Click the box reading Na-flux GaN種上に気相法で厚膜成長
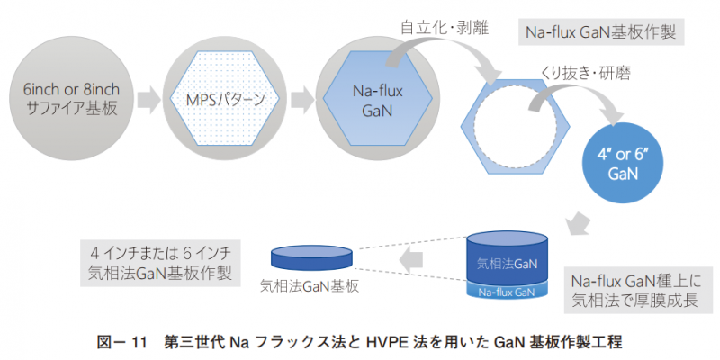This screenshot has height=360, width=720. point(630,289)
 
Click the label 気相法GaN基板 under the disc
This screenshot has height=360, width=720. point(310,285)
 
